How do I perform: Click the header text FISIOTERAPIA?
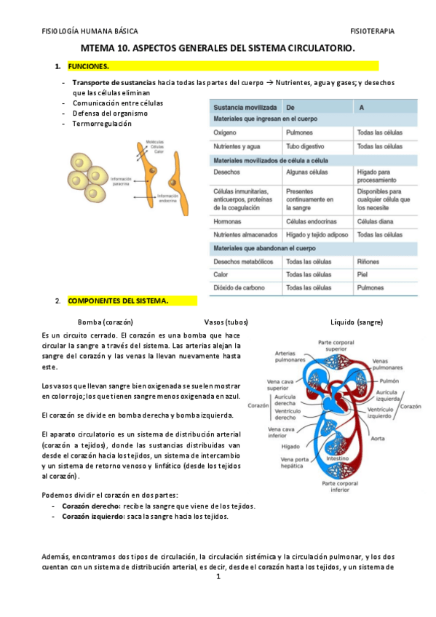click(372, 32)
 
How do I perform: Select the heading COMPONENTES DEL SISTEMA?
click(117, 300)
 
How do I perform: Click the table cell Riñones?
click(369, 261)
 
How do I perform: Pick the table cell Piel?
click(362, 274)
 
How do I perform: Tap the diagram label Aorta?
click(378, 439)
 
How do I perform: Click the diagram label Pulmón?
click(389, 381)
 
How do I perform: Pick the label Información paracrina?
click(120, 181)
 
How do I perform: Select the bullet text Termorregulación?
click(102, 124)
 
